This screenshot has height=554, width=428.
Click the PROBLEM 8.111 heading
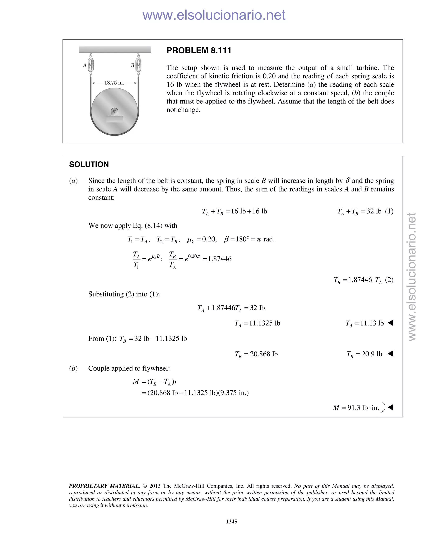click(199, 50)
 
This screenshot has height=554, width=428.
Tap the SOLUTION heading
click(89, 164)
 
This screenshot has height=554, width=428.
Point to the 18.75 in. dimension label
click(114, 83)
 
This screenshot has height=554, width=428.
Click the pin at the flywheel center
click(115, 111)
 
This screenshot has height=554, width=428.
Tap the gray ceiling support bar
click(115, 50)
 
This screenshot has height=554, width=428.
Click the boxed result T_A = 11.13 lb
click(365, 323)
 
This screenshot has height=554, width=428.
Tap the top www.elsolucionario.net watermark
click(214, 15)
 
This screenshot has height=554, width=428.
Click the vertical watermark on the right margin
click(412, 277)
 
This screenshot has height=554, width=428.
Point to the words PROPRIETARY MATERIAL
click(104, 486)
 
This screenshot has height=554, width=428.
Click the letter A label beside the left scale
click(85, 65)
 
